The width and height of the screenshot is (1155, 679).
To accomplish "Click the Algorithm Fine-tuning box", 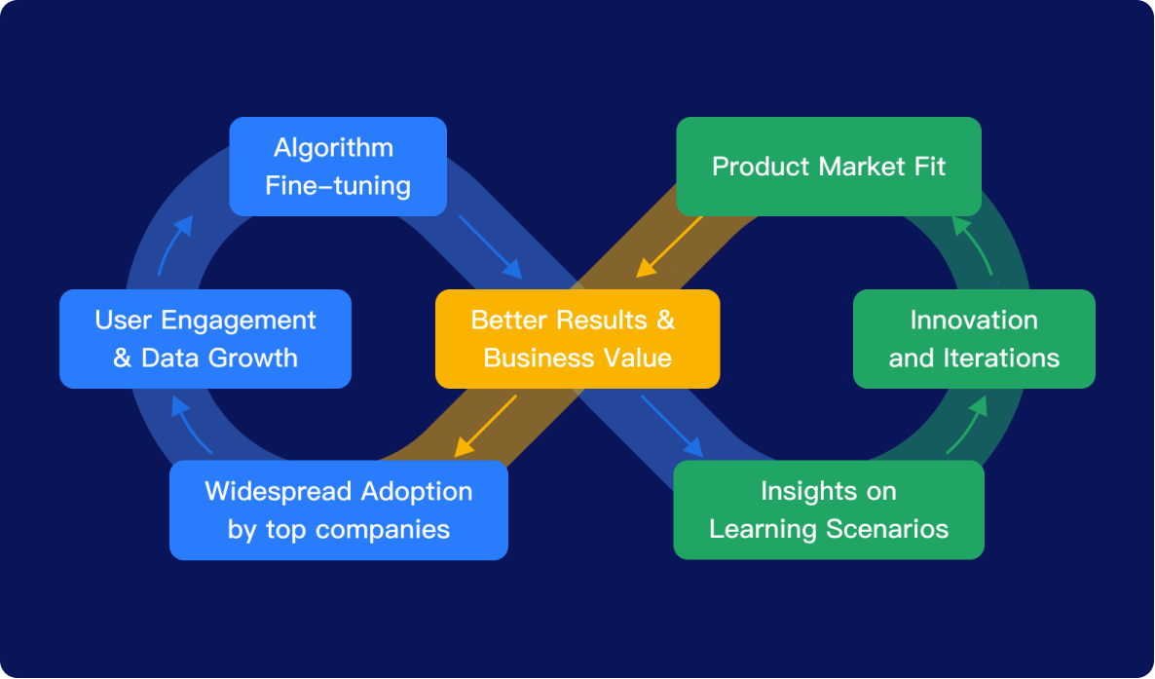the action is coord(338,167).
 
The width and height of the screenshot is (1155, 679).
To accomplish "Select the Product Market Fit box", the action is coord(829,167).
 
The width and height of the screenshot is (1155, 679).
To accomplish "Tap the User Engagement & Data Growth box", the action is coord(205,339).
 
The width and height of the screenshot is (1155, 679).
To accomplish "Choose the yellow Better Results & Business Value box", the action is coord(577,339).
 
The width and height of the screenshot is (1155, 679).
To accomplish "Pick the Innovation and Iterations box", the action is coord(974,339).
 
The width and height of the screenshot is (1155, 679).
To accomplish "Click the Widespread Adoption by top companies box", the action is coord(339,510).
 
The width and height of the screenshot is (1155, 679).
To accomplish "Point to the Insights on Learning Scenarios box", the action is coord(829,510).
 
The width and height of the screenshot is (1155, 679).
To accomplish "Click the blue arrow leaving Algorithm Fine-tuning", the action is coord(491,247).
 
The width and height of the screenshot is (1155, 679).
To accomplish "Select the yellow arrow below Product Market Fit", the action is coord(669,247).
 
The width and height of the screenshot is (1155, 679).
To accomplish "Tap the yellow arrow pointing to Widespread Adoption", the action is coord(485,426).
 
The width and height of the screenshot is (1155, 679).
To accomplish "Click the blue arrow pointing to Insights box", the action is coord(672,426).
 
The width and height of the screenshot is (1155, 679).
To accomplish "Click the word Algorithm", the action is coord(334,148).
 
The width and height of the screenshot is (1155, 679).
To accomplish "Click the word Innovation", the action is coord(974,320).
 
